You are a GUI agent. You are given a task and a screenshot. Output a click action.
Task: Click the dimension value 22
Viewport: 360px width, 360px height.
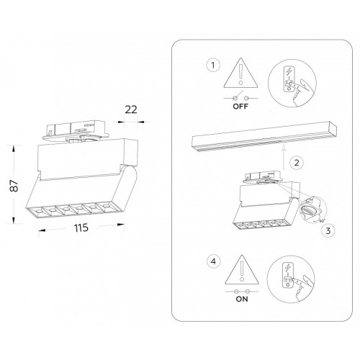131,109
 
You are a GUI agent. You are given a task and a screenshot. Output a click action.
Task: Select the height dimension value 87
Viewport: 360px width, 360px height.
14,186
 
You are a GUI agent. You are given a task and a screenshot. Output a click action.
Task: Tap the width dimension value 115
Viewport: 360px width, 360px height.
81,228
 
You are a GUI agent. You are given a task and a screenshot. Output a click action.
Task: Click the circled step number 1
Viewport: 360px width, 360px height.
213,65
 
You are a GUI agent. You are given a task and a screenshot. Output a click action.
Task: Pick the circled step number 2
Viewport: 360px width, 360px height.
297,163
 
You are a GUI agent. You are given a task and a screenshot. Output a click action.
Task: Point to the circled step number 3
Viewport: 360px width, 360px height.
328,231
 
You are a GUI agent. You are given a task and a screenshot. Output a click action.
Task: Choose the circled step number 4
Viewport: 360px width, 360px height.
213,261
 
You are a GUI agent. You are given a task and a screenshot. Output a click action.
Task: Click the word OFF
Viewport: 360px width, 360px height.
240,107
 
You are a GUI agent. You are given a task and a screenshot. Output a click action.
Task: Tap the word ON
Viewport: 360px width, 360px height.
242,299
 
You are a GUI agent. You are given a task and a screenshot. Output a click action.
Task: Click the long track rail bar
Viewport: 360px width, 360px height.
264,137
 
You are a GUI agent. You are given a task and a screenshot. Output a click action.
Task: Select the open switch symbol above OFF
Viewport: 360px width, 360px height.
240,96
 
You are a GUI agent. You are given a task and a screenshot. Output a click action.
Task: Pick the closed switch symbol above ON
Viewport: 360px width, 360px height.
242,292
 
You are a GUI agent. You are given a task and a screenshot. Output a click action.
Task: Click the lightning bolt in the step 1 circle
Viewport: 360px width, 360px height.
289,71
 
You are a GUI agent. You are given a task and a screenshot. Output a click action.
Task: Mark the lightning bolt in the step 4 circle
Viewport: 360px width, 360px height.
287,268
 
